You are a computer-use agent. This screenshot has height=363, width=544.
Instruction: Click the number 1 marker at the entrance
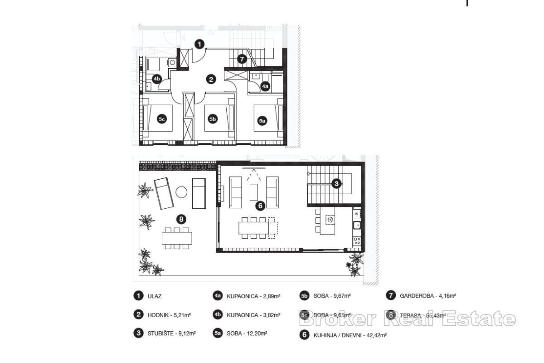point(199,44)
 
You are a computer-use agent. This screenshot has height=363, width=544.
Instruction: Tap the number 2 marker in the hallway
point(211,79)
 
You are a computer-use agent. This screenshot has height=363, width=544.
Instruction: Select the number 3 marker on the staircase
point(336,183)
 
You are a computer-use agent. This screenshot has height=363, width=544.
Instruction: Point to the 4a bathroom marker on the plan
point(265,85)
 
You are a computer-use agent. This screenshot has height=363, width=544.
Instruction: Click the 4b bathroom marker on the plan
point(156,79)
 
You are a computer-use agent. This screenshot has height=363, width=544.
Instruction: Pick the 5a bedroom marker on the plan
point(262,121)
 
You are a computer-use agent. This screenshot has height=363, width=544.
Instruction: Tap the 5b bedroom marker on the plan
point(213,119)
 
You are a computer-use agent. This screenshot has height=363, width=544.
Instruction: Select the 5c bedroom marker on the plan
point(161,119)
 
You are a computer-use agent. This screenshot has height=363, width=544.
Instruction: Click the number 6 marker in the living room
point(260,206)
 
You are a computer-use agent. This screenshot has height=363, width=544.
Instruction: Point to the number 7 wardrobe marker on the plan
point(242,59)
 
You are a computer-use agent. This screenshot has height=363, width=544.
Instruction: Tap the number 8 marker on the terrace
point(181,220)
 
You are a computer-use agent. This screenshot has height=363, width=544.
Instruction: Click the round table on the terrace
point(181,192)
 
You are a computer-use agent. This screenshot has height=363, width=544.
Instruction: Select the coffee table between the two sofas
point(254,191)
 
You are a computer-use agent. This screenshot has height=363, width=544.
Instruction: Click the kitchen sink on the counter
point(357,225)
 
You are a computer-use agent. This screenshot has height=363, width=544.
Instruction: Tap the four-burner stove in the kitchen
point(357,241)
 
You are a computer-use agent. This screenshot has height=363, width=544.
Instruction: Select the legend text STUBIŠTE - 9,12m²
point(171,333)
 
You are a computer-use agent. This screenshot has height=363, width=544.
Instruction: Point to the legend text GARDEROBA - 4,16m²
point(427,295)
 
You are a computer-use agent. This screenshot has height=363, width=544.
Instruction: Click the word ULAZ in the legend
point(155,296)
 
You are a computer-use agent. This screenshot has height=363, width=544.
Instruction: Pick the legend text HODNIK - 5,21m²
point(169,314)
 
